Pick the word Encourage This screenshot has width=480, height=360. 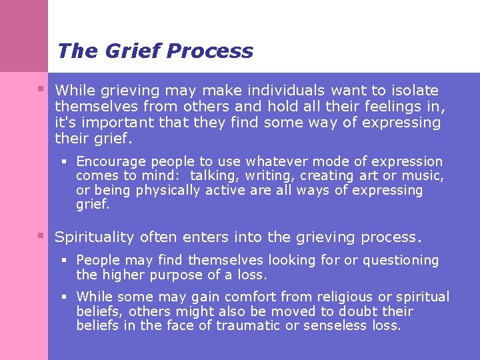pos(111,161)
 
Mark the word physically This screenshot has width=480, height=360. pos(167,191)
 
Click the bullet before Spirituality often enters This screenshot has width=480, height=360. pos(41,235)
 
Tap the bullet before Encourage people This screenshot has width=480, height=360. pos(65,161)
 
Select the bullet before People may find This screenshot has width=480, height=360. pos(65,260)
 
